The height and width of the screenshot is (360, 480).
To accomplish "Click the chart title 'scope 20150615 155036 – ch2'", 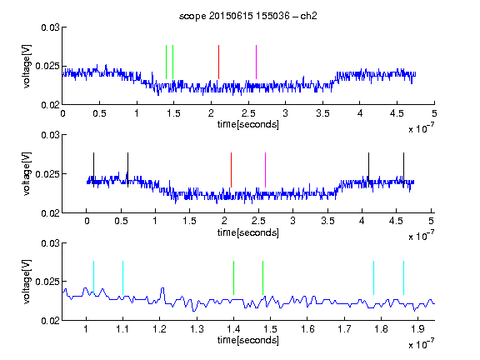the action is click(x=248, y=16).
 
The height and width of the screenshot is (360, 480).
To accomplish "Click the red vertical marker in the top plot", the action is click(x=218, y=62).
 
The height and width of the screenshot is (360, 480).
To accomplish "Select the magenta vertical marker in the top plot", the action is click(x=256, y=62).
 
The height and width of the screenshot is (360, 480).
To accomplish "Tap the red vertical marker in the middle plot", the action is click(x=231, y=170).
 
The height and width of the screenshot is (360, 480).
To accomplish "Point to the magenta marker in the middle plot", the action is click(x=265, y=170).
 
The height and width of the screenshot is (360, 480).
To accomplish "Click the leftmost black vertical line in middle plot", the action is click(x=93, y=170).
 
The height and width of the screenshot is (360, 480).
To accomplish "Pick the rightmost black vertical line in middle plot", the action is click(x=403, y=170).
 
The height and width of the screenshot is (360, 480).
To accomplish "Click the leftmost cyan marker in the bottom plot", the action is click(x=93, y=278).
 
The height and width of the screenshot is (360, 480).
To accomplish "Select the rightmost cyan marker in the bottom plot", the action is click(x=403, y=278).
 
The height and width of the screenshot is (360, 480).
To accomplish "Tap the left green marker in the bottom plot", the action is click(x=233, y=278).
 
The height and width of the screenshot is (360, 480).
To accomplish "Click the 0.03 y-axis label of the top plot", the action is click(x=50, y=27).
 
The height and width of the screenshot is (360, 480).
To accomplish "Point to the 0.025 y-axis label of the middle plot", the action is click(x=47, y=174).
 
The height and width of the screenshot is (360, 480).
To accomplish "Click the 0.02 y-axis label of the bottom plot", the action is click(x=50, y=321).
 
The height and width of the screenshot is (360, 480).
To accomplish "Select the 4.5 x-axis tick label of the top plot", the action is click(x=397, y=113).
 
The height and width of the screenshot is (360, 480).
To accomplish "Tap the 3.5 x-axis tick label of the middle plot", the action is click(x=327, y=221).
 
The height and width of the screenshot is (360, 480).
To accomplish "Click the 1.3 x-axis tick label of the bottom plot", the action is click(x=197, y=329).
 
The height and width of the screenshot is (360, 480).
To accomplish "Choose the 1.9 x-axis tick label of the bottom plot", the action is click(x=417, y=329).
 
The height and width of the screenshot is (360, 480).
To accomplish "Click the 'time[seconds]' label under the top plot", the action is click(x=248, y=125).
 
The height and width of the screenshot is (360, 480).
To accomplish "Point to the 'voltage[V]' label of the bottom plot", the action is click(x=27, y=282).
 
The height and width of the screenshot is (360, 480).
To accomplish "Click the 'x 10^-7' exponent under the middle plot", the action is click(x=421, y=236).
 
